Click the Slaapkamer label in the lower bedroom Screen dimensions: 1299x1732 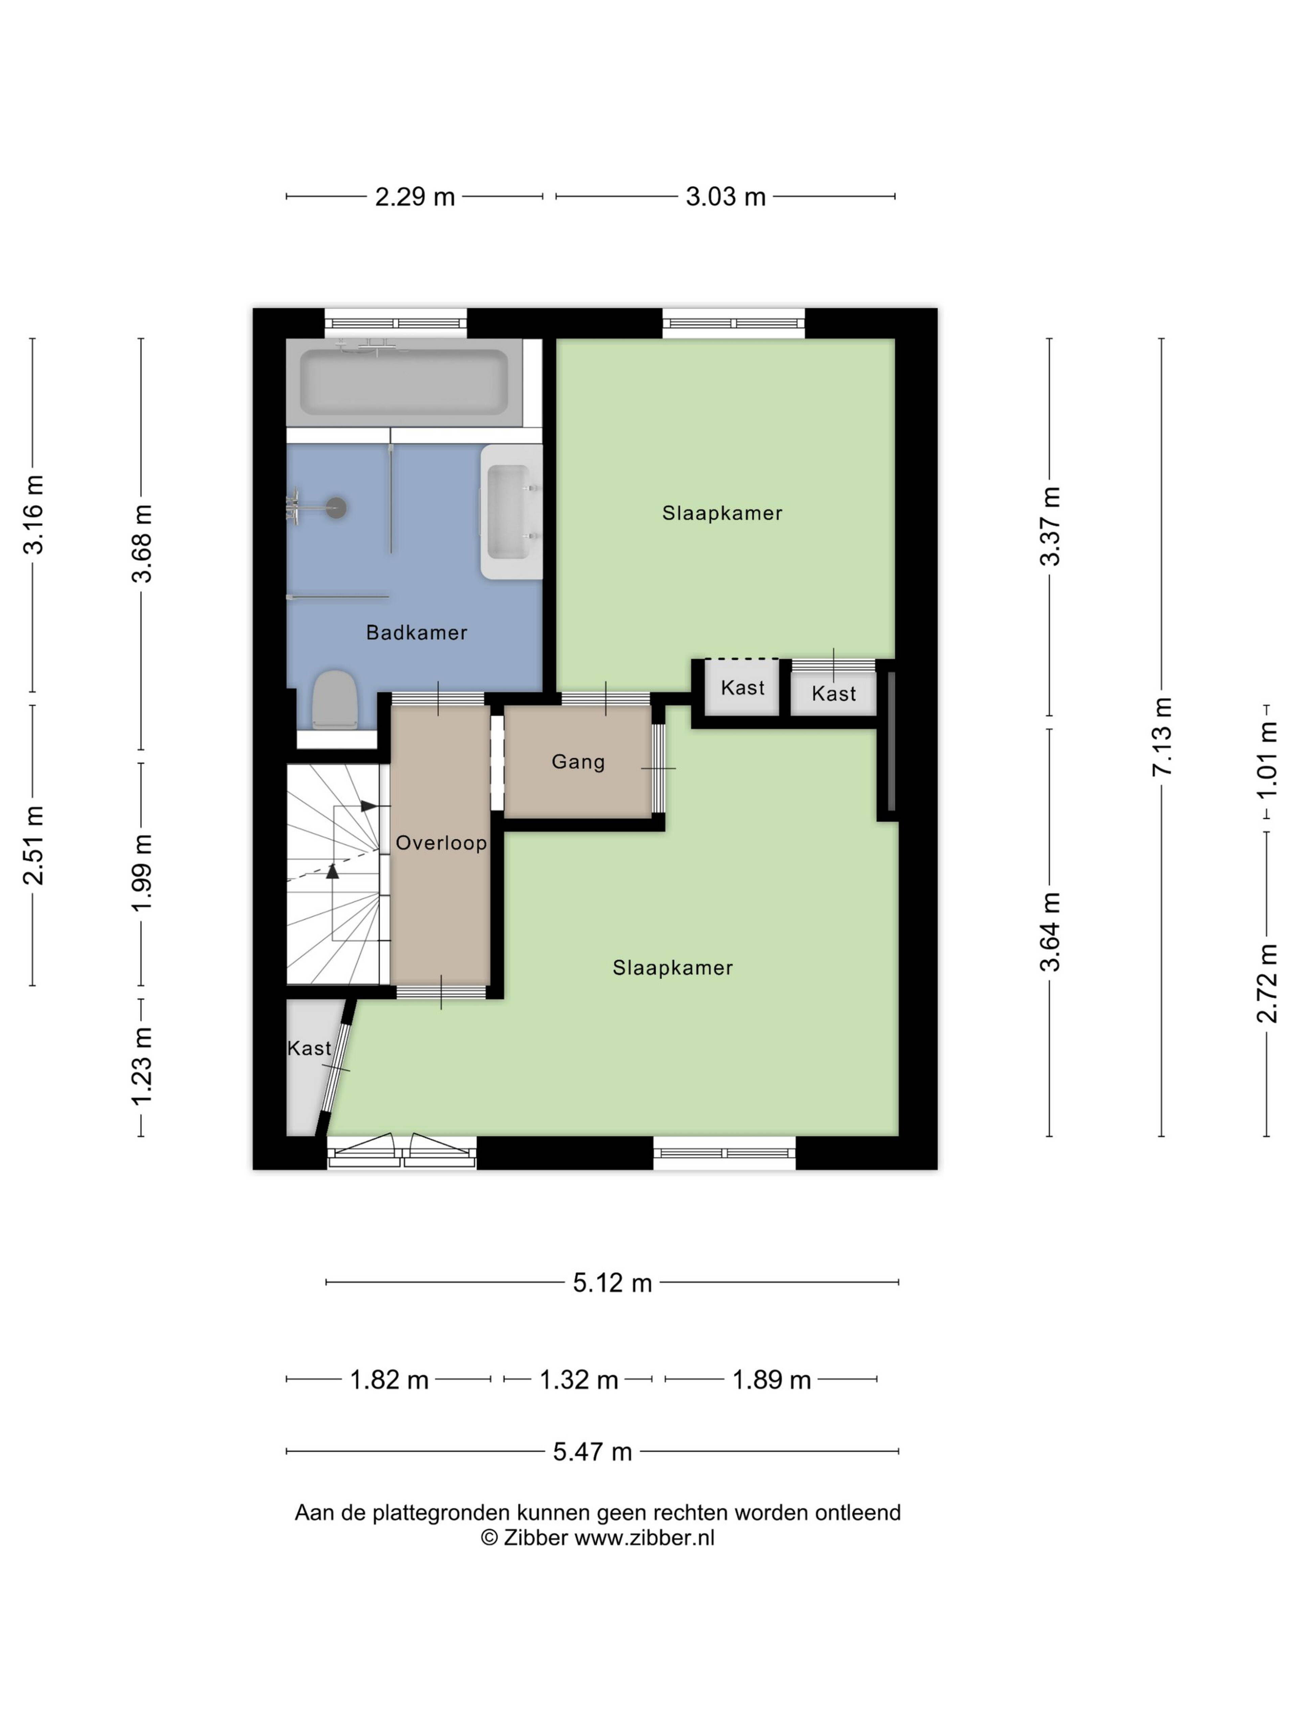point(673,968)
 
